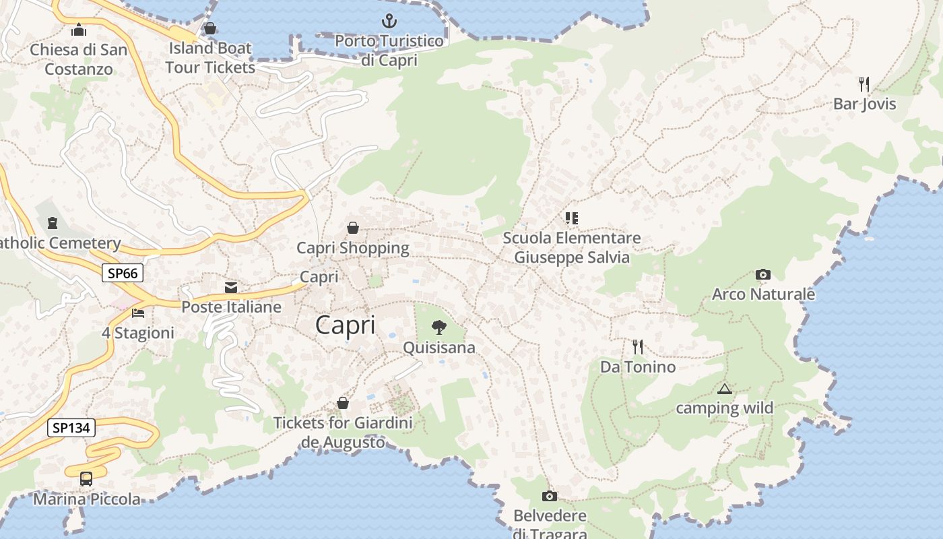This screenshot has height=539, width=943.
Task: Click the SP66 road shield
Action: pyautogui.click(x=123, y=273)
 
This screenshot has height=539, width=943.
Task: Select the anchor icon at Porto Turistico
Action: pyautogui.click(x=389, y=21)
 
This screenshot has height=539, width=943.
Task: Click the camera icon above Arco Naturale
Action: pyautogui.click(x=762, y=274)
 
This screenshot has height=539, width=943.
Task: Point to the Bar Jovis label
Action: pyautogui.click(x=864, y=104)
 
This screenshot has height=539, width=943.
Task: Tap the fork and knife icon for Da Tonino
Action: pyautogui.click(x=637, y=347)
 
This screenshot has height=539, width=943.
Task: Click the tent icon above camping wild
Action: pyautogui.click(x=724, y=389)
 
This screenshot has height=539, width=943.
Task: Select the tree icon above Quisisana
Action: pyautogui.click(x=439, y=327)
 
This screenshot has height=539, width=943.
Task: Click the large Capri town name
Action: pyautogui.click(x=345, y=325)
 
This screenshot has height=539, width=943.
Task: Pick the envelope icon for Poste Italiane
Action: pyautogui.click(x=231, y=288)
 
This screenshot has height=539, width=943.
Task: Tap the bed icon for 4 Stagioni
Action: pyautogui.click(x=138, y=313)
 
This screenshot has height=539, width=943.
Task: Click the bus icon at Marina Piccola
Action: pyautogui.click(x=86, y=479)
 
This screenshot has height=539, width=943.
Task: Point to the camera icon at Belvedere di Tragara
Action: pyautogui.click(x=550, y=497)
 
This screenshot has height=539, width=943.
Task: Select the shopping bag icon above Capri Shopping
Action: pyautogui.click(x=353, y=228)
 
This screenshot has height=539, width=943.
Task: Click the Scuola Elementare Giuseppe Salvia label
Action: pyautogui.click(x=572, y=247)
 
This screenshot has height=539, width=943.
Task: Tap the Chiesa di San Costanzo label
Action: pyautogui.click(x=79, y=59)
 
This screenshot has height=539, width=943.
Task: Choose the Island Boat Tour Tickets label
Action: pyautogui.click(x=210, y=58)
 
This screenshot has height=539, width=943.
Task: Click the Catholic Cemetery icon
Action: pyautogui.click(x=53, y=223)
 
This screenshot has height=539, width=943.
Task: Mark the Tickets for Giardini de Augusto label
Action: pyautogui.click(x=343, y=433)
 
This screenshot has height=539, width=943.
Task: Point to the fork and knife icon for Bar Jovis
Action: pyautogui.click(x=864, y=84)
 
